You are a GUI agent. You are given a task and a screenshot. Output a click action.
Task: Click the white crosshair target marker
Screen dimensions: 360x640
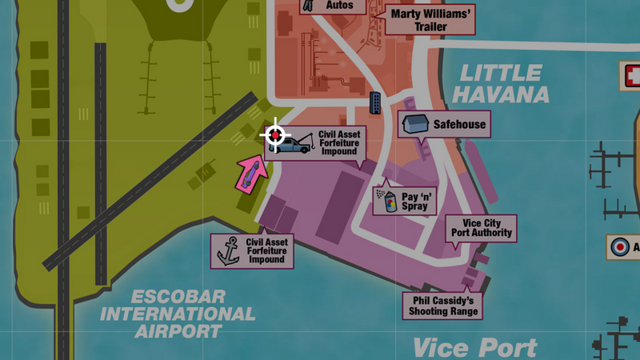(275, 135)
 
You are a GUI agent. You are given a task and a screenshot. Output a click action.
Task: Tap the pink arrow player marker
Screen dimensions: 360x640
(250, 174)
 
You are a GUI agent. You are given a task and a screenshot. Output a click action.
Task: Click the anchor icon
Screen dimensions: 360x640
(229, 250)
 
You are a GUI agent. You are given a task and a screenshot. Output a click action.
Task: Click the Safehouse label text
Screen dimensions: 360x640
(459, 125)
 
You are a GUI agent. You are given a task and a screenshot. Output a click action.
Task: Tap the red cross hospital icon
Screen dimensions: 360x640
(632, 77)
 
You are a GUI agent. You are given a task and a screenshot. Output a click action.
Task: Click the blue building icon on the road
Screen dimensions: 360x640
(375, 102)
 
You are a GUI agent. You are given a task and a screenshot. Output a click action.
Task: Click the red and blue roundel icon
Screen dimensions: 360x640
(620, 247)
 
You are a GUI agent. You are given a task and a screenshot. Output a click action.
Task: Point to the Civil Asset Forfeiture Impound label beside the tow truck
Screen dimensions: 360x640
(338, 142)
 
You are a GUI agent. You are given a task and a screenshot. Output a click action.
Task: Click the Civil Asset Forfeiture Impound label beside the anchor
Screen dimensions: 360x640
(266, 250)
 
